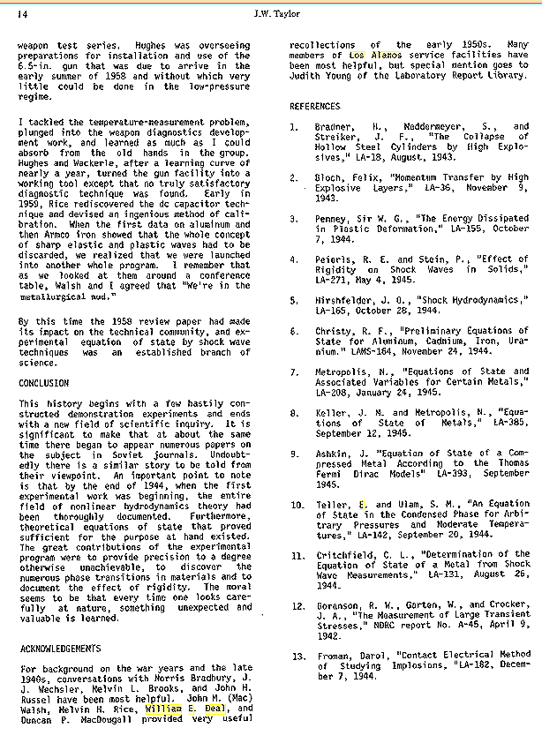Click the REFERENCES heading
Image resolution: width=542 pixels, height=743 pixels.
pos(315,106)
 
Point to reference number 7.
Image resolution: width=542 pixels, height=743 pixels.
pos(297,373)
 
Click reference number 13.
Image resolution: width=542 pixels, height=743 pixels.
pos(297,655)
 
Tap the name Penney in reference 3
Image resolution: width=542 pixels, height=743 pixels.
pos(332,218)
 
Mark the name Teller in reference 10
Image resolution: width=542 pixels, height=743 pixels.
pos(332,505)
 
